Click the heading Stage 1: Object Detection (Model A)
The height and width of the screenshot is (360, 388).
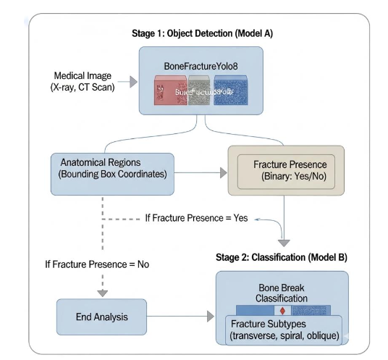(x=201, y=34)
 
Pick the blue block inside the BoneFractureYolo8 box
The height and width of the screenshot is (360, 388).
(x=231, y=93)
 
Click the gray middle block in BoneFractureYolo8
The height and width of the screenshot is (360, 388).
(x=201, y=93)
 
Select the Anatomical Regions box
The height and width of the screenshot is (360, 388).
(x=111, y=173)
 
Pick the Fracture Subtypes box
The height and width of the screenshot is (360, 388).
(x=282, y=330)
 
